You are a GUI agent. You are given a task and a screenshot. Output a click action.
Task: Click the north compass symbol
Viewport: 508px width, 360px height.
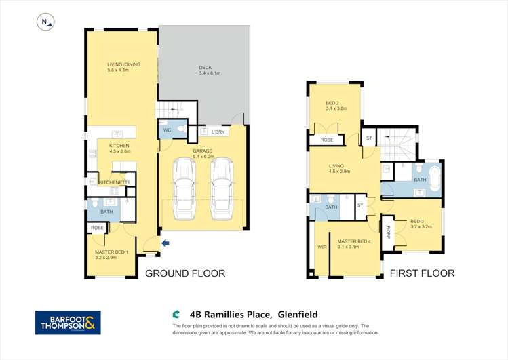tap(46, 22)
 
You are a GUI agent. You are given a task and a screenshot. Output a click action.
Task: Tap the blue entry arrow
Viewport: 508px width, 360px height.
tap(165, 243)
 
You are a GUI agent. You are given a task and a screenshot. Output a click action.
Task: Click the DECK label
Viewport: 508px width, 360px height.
tap(206, 67)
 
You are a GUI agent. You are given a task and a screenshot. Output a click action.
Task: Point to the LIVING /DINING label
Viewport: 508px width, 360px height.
tap(123, 64)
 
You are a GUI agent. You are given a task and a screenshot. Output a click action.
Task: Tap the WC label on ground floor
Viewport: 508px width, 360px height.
tap(166, 130)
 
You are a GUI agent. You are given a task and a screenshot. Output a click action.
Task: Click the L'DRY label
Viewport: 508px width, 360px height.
tap(218, 132)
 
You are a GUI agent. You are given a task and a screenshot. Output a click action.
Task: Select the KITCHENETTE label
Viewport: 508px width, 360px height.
tap(114, 182)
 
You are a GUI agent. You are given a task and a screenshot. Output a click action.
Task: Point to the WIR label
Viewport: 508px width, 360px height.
tap(321, 247)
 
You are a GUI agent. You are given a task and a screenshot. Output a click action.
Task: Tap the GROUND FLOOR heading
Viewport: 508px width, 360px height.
tap(185, 274)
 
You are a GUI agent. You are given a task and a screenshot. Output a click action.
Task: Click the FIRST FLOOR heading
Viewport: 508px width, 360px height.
tap(422, 273)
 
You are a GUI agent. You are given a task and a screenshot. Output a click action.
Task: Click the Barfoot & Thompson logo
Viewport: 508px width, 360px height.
tap(68, 322)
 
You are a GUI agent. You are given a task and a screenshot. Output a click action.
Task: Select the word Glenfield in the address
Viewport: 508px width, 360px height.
tap(296, 314)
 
